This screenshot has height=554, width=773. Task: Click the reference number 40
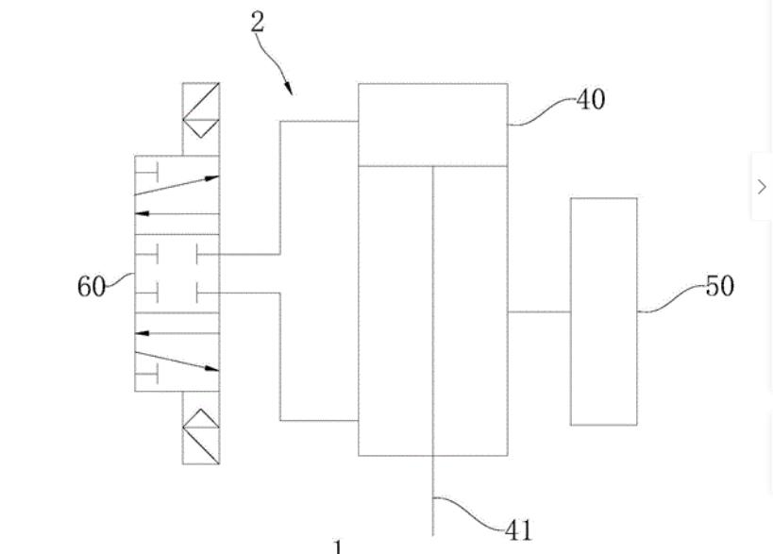click(x=591, y=98)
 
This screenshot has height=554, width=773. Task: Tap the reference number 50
click(x=719, y=285)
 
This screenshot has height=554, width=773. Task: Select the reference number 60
click(x=92, y=287)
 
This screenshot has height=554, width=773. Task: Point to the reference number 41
click(x=518, y=529)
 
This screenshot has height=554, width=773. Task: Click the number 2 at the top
click(x=258, y=23)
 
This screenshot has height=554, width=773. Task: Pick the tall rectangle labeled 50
click(x=603, y=311)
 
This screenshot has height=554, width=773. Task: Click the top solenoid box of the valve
click(x=201, y=118)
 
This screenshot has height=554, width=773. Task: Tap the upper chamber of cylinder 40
click(x=432, y=124)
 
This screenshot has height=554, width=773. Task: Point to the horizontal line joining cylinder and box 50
click(x=539, y=311)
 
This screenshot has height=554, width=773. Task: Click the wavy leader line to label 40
click(x=543, y=111)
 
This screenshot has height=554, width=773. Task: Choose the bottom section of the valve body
click(x=177, y=351)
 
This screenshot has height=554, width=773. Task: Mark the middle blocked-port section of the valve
click(x=177, y=273)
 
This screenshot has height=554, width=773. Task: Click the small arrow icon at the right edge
click(x=762, y=186)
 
